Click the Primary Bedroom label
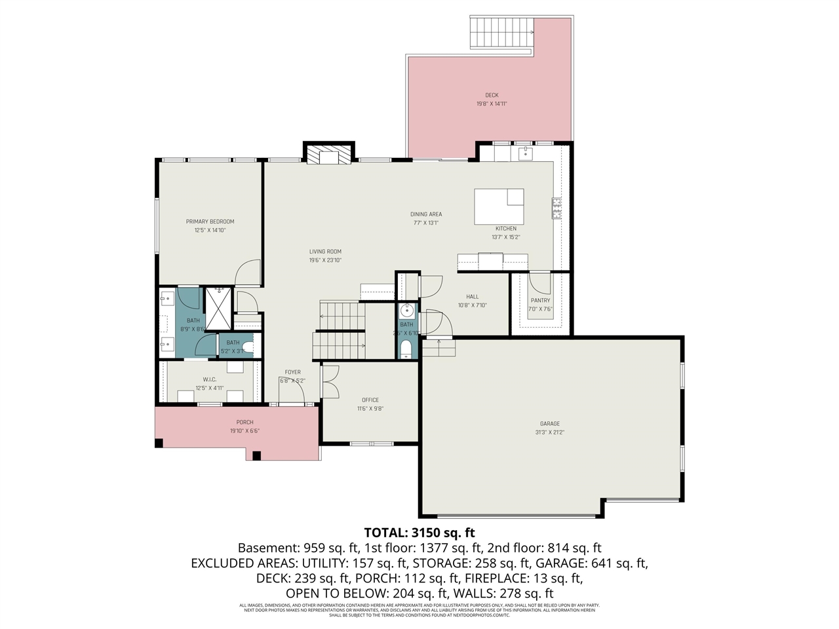[x=210, y=221]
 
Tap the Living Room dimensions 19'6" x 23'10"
[x=325, y=260]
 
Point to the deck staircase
[x=502, y=33]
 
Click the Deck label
[x=492, y=95]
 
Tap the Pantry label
[x=540, y=301]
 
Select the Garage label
[x=549, y=424]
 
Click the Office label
[x=370, y=400]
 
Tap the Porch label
[x=244, y=423]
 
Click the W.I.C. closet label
[x=210, y=379]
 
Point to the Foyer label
[x=292, y=372]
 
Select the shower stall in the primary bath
[x=218, y=307]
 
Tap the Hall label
[x=472, y=297]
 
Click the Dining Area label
[x=426, y=214]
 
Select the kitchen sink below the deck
[x=524, y=155]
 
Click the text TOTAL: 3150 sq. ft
[x=419, y=532]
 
